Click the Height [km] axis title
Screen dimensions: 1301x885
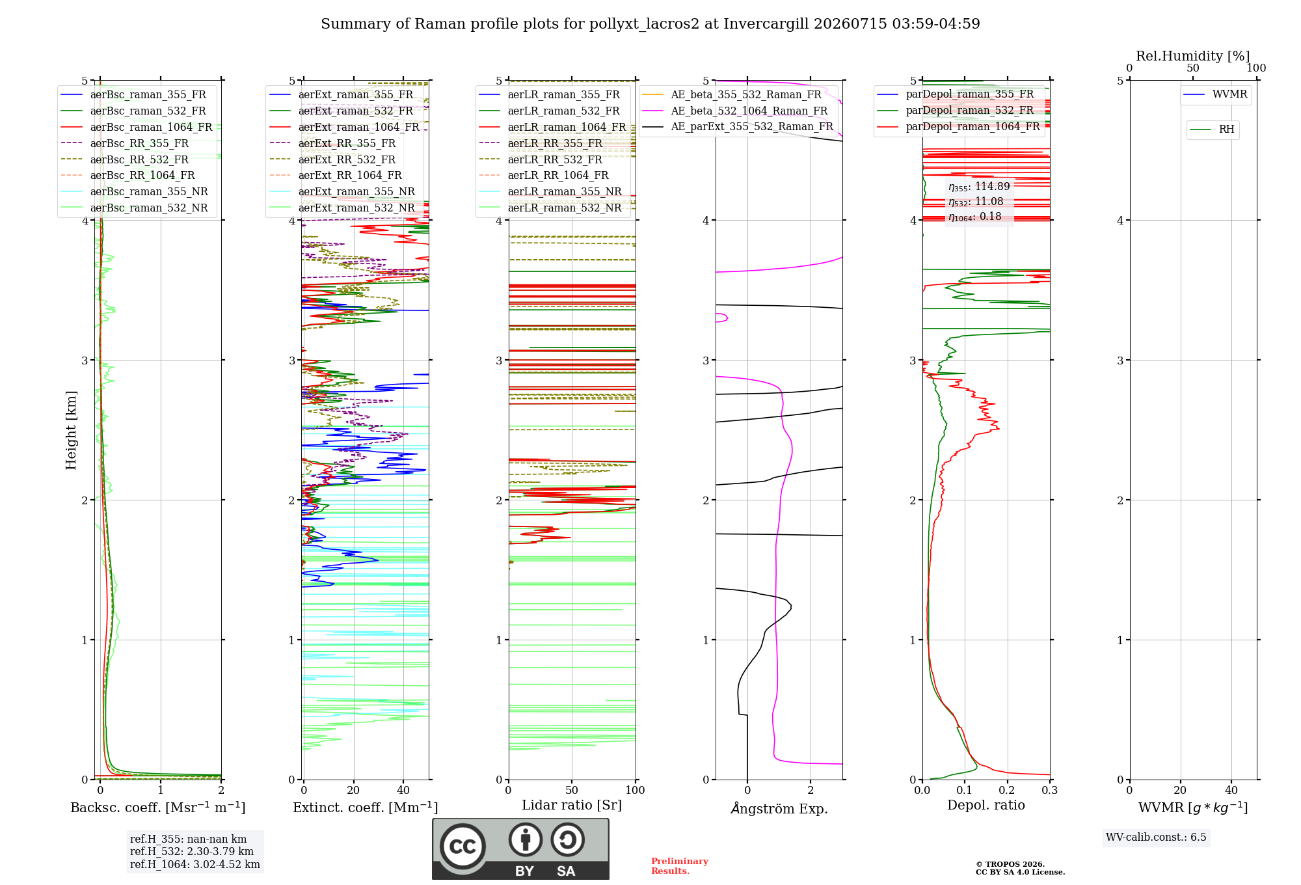(71, 430)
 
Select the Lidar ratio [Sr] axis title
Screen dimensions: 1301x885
(572, 805)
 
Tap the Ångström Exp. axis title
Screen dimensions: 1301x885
(779, 808)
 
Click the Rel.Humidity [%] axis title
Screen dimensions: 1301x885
(1193, 56)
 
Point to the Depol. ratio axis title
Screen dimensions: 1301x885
(986, 805)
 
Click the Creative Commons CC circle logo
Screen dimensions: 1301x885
(463, 847)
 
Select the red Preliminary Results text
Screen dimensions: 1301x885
(680, 866)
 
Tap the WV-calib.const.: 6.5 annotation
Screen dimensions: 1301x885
(1156, 837)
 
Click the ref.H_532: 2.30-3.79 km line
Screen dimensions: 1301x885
(192, 851)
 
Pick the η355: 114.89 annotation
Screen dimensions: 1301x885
(979, 186)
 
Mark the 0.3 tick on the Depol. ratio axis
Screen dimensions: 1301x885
(1049, 790)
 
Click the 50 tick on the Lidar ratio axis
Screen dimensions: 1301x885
(572, 790)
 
